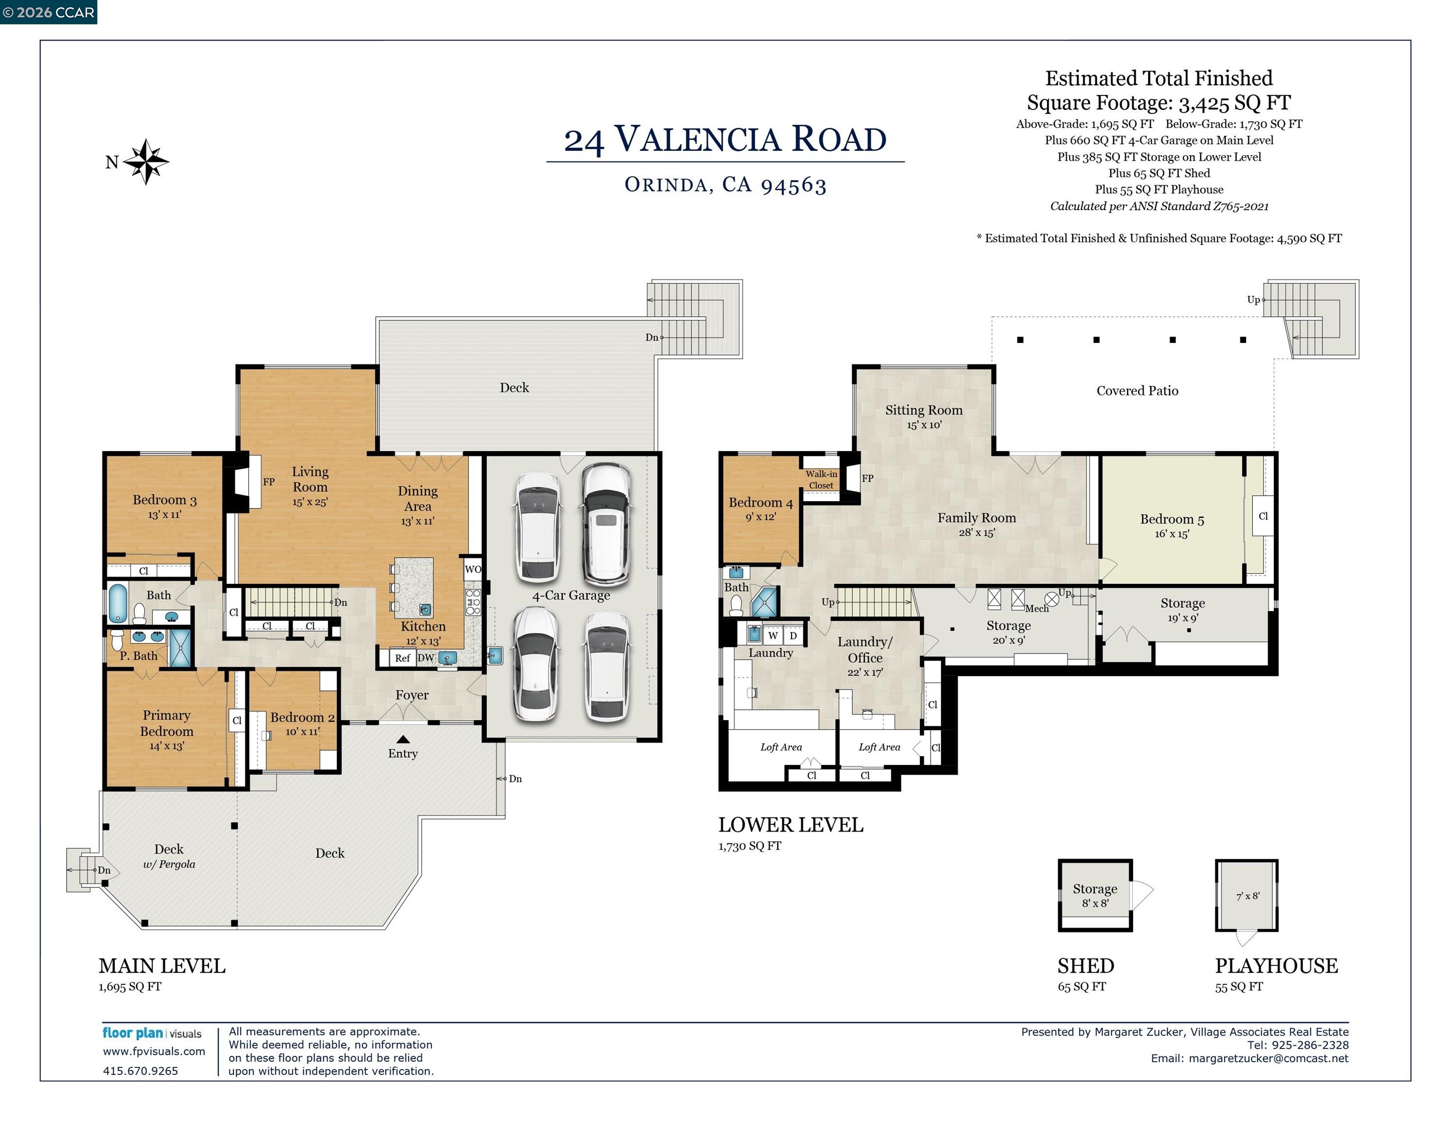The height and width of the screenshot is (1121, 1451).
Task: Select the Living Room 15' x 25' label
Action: pos(310,486)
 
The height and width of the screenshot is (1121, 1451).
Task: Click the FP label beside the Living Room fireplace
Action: pos(268,482)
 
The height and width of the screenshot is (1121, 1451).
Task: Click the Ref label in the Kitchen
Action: pos(403,658)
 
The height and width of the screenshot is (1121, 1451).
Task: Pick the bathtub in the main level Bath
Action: pos(118,603)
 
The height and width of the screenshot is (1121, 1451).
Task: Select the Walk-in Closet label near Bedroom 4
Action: pos(821,479)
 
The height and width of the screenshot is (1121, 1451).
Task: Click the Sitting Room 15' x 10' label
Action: pos(923,416)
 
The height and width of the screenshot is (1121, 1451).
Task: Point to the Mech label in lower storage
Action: pos(1036,608)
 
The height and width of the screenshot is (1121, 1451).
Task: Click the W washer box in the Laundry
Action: pos(772,635)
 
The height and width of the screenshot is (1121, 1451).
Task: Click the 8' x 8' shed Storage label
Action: pos(1095,895)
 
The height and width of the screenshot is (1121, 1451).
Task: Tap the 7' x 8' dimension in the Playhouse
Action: pos(1248,896)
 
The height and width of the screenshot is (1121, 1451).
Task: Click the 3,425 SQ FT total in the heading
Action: pos(1234,103)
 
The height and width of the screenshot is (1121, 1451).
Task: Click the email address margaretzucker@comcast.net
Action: pos(1268,1059)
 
